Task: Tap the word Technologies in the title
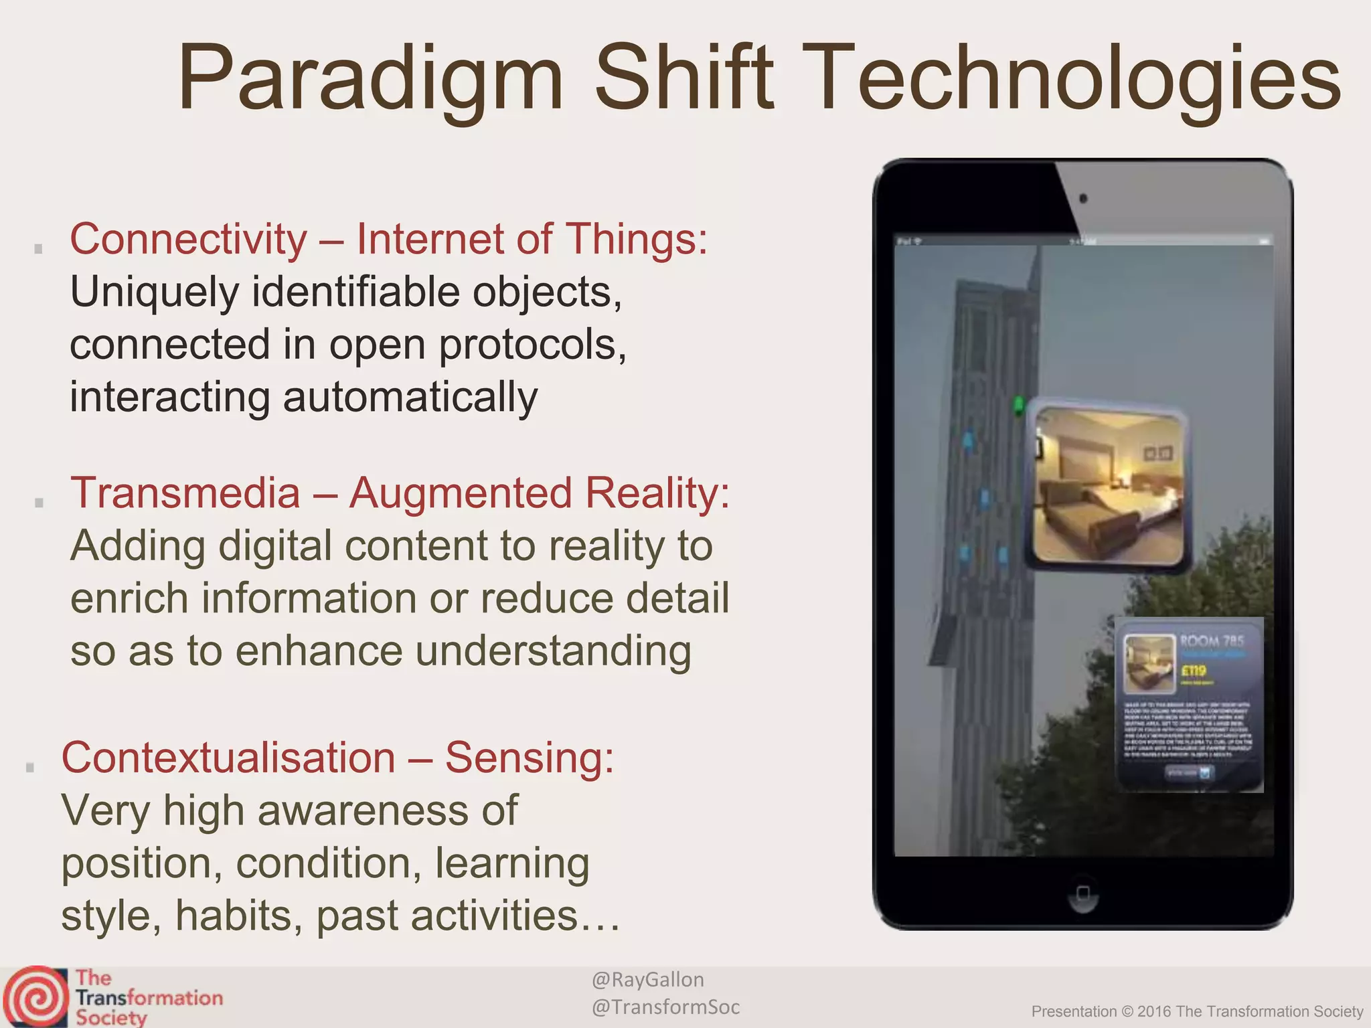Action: click(x=1077, y=79)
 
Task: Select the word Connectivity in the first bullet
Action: click(x=188, y=239)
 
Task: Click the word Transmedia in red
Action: click(x=185, y=493)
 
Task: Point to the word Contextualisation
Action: click(x=228, y=758)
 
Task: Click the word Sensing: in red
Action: click(x=529, y=758)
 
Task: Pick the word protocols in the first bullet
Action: click(x=532, y=345)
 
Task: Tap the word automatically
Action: click(x=410, y=397)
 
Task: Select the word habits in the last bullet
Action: click(x=234, y=916)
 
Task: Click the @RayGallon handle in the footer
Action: click(x=647, y=980)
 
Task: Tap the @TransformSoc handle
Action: click(x=665, y=1007)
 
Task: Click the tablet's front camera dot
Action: click(x=1083, y=199)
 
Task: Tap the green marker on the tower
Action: click(x=1019, y=405)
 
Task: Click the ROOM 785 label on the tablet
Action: click(x=1211, y=641)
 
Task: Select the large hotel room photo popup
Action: click(x=1108, y=487)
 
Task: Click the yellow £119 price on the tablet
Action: click(x=1194, y=671)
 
